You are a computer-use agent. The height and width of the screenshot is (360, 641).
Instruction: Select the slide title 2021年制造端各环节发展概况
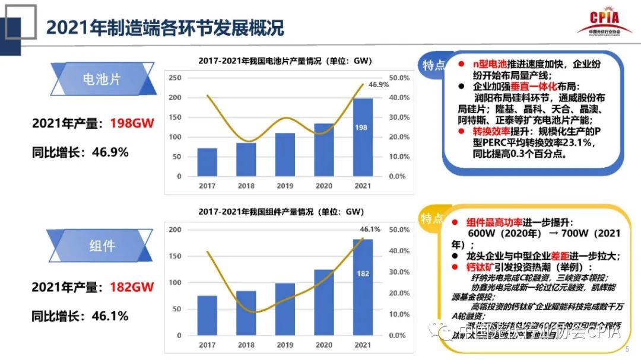[x=165, y=27]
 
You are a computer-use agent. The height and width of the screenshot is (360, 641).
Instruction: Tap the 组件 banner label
[x=101, y=245]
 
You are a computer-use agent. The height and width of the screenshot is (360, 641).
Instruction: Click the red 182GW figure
[x=132, y=287]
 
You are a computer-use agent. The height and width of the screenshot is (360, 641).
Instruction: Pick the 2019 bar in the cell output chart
[x=285, y=154]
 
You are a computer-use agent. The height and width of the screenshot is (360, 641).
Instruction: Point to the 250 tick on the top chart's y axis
[x=174, y=78]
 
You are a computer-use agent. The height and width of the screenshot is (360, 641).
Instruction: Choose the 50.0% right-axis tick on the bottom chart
[x=398, y=230]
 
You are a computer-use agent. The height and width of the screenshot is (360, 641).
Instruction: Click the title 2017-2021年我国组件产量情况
[x=281, y=212]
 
